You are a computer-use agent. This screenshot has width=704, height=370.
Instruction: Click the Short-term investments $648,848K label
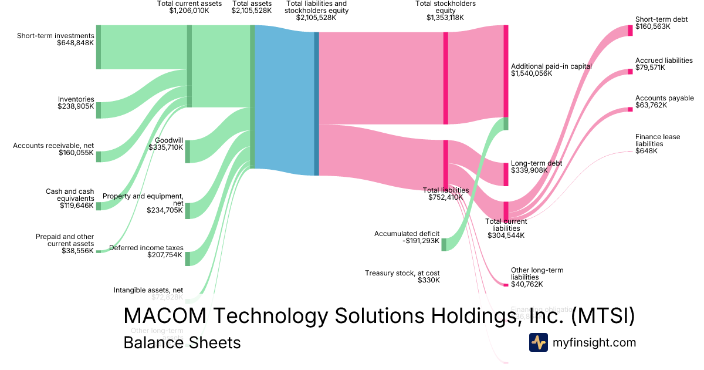(x=55, y=39)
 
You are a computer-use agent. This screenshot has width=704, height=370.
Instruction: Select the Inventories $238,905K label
(x=76, y=103)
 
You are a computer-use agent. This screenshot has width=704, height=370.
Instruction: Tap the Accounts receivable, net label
(x=53, y=149)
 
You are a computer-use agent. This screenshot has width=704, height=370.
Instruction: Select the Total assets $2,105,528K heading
(x=252, y=7)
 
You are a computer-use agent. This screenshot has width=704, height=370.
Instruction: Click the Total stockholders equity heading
(x=445, y=11)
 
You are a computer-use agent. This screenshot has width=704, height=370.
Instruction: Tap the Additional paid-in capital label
(x=551, y=70)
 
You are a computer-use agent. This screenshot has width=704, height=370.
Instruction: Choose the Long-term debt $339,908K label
(x=536, y=167)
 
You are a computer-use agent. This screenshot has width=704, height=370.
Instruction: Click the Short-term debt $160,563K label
(x=661, y=23)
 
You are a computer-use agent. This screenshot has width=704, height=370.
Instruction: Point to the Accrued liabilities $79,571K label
(x=664, y=64)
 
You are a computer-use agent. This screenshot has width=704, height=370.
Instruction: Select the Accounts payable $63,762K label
(x=664, y=102)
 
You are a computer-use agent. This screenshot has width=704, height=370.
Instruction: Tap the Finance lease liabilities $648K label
(x=657, y=144)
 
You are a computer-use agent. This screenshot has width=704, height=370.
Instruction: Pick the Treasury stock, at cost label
(x=402, y=277)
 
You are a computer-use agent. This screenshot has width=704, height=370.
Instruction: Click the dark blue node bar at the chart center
(x=316, y=103)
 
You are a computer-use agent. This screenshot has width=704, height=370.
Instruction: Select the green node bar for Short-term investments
(x=99, y=47)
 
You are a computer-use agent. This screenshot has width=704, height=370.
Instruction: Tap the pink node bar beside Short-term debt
(x=630, y=31)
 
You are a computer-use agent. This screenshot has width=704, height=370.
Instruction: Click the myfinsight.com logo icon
(x=538, y=342)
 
